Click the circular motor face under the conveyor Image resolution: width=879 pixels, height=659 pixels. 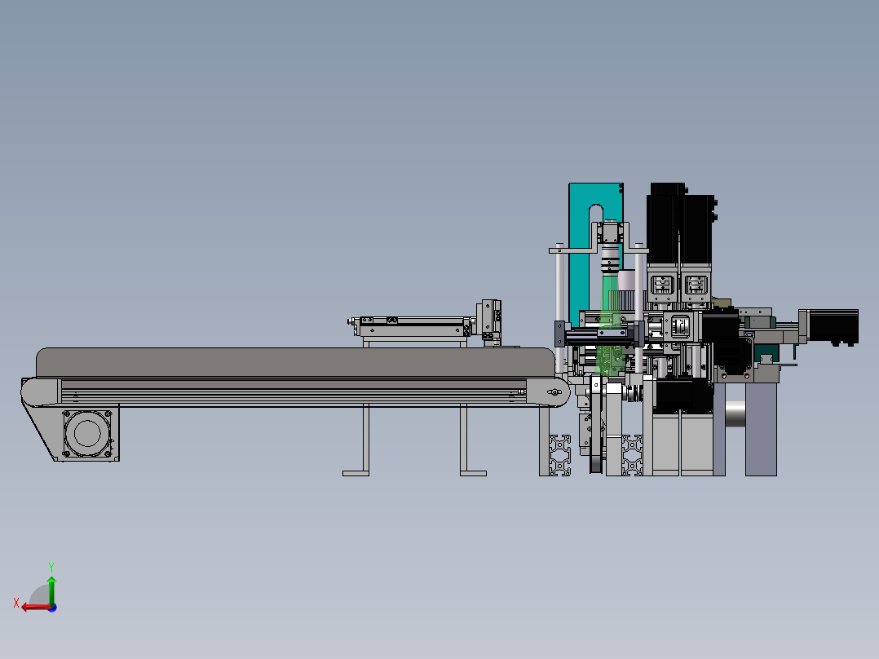[x=86, y=433]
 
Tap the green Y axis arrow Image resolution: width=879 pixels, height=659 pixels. [x=51, y=586]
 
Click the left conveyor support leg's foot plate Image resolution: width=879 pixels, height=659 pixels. [x=357, y=472]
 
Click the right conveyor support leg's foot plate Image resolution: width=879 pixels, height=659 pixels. [x=473, y=472]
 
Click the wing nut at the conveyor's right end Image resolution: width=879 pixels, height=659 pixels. [x=554, y=393]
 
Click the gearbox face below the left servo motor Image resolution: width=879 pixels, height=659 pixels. [x=661, y=286]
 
